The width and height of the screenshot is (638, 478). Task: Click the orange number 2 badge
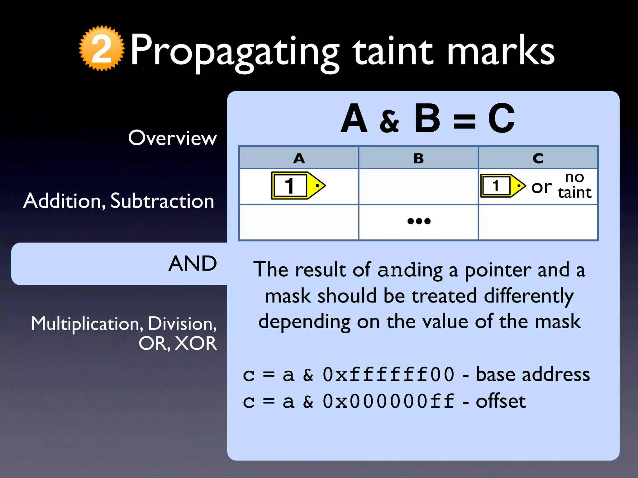(102, 48)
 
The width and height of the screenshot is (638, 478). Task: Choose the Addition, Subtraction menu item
(119, 201)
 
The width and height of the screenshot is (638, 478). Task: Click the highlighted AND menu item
(193, 264)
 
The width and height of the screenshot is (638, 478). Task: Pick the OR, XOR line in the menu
(178, 344)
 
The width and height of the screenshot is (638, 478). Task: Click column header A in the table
(299, 158)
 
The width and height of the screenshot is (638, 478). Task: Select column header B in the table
(418, 158)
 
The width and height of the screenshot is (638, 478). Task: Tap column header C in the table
(538, 158)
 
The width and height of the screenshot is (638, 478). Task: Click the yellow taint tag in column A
(298, 185)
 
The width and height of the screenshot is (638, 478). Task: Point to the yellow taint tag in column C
(503, 186)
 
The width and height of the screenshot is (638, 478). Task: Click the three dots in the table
(419, 221)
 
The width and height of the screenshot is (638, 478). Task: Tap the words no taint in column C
(574, 185)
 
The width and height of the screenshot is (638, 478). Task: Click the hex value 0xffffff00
(388, 374)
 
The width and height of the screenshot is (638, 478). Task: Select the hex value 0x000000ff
(388, 401)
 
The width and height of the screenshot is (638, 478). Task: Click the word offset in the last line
(501, 401)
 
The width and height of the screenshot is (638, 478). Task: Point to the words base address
(533, 374)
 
